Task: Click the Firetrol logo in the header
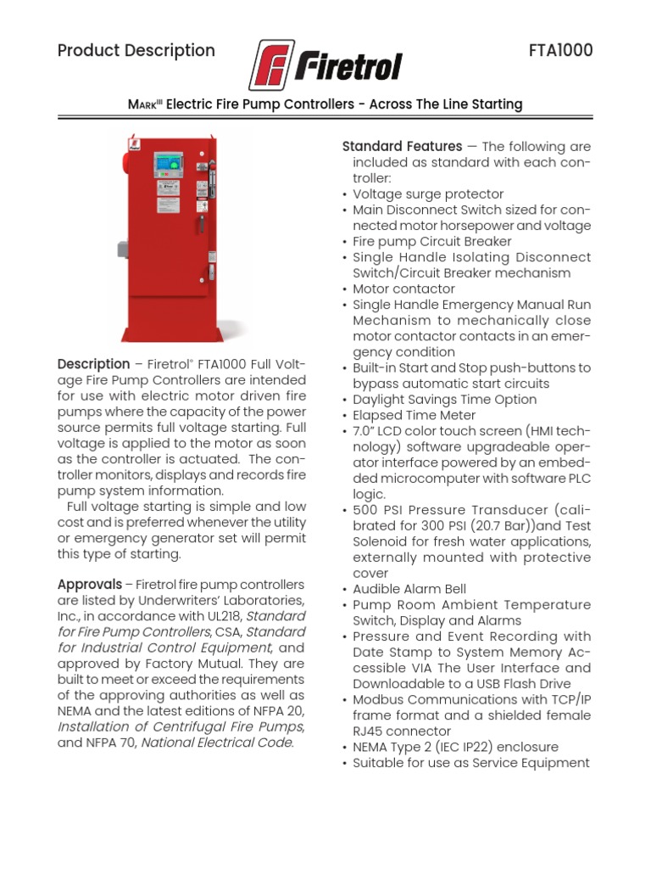(x=325, y=64)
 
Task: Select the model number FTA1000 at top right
(x=560, y=50)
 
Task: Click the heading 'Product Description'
(x=136, y=50)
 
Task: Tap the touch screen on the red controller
(x=168, y=164)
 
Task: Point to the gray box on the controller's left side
(x=122, y=249)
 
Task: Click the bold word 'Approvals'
(x=89, y=585)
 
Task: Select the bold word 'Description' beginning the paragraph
(x=93, y=364)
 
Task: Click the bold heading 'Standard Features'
(x=402, y=146)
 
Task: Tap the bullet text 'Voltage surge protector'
(x=428, y=193)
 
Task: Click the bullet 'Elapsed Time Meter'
(x=414, y=415)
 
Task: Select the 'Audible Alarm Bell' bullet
(x=409, y=589)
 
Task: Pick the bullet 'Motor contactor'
(x=403, y=289)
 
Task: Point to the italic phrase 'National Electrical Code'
(x=216, y=743)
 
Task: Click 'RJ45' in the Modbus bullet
(x=370, y=731)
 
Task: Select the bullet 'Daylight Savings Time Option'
(x=444, y=400)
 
